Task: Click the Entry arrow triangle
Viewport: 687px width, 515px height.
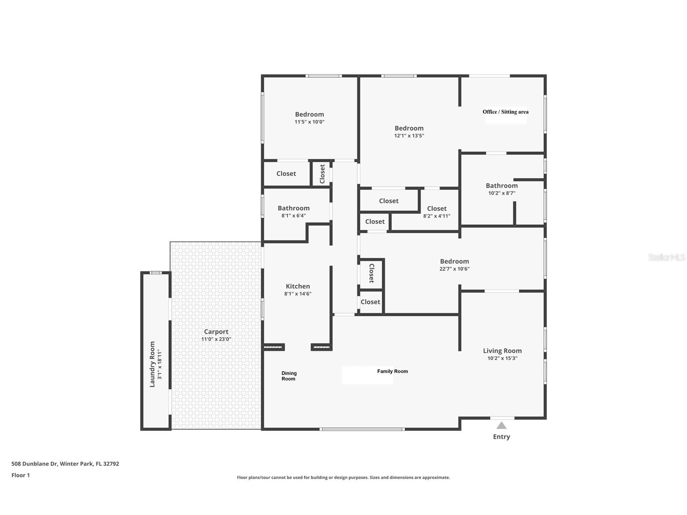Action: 501,425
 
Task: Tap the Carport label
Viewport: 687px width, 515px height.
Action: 216,332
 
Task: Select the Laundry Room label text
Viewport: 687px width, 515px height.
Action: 152,364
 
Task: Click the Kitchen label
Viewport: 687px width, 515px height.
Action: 298,286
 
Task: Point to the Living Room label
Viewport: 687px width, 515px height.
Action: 502,351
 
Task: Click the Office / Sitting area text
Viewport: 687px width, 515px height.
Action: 506,112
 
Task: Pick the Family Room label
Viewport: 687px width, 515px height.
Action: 393,371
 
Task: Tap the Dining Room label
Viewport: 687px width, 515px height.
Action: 289,376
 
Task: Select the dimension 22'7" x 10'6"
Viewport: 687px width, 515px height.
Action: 455,269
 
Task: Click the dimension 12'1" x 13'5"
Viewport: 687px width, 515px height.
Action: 409,136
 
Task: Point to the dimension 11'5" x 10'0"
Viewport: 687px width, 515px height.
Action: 310,122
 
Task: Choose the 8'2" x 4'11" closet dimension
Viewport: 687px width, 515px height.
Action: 437,216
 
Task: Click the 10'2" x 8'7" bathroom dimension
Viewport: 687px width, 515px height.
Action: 502,193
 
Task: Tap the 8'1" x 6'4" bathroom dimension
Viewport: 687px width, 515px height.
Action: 294,216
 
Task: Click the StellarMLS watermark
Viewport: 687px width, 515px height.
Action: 667,257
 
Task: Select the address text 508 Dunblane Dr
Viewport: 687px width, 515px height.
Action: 35,464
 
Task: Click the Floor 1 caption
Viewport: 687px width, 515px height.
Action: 21,475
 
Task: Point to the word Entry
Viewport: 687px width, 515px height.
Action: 502,436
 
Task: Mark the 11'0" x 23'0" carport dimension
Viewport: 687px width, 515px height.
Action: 216,339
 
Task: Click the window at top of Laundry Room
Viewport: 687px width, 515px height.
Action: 156,272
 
